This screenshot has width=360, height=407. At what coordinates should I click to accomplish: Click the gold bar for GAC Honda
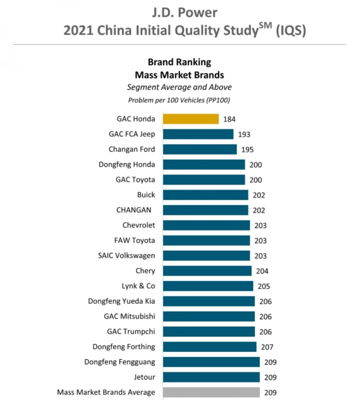pyautogui.click(x=190, y=119)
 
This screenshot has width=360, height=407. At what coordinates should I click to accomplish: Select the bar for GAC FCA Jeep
pyautogui.click(x=198, y=134)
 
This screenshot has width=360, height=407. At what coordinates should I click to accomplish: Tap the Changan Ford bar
pyautogui.click(x=200, y=150)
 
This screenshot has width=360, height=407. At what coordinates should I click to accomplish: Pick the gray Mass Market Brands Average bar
pyautogui.click(x=211, y=393)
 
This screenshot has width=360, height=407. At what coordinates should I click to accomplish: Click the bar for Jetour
pyautogui.click(x=211, y=377)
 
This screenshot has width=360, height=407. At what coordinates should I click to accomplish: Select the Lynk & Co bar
pyautogui.click(x=208, y=286)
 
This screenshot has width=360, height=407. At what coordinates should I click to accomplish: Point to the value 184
pyautogui.click(x=229, y=119)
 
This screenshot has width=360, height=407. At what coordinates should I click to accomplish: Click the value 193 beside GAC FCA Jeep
pyautogui.click(x=244, y=135)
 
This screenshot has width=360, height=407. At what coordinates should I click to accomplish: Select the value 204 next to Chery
pyautogui.click(x=262, y=271)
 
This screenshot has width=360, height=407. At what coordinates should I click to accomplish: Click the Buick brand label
pyautogui.click(x=146, y=195)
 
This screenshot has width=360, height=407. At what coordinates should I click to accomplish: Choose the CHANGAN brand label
pyautogui.click(x=134, y=210)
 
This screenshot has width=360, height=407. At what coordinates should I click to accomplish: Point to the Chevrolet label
pyautogui.click(x=139, y=225)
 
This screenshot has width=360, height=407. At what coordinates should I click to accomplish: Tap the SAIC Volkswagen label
pyautogui.click(x=126, y=256)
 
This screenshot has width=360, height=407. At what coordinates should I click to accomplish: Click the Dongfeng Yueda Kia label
pyautogui.click(x=121, y=301)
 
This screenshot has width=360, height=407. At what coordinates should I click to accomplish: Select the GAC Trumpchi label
pyautogui.click(x=131, y=332)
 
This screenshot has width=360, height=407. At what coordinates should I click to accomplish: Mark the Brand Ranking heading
pyautogui.click(x=179, y=62)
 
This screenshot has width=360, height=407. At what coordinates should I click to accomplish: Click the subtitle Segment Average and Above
pyautogui.click(x=179, y=87)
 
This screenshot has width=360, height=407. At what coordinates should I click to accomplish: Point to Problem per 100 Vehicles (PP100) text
pyautogui.click(x=179, y=100)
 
